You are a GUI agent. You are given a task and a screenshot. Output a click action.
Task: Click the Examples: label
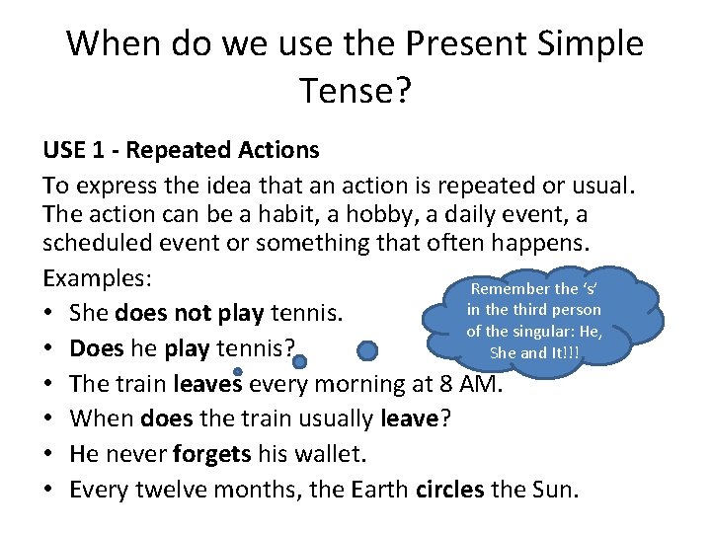[x=96, y=277]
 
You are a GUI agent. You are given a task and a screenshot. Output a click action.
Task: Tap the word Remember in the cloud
[x=511, y=289]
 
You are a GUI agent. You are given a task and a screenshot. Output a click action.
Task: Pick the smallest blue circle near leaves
[x=238, y=372]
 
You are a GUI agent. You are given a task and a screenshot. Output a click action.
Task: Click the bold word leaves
[x=209, y=384]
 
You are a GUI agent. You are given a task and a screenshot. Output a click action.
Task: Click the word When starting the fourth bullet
[x=103, y=419]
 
